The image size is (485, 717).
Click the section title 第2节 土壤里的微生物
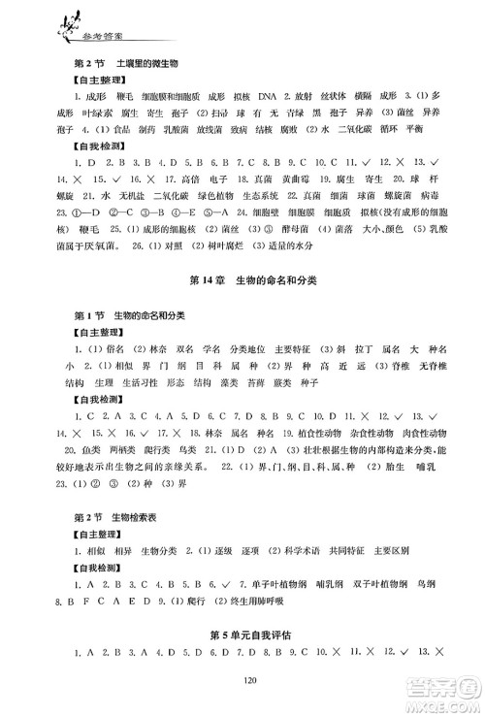click(x=127, y=65)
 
